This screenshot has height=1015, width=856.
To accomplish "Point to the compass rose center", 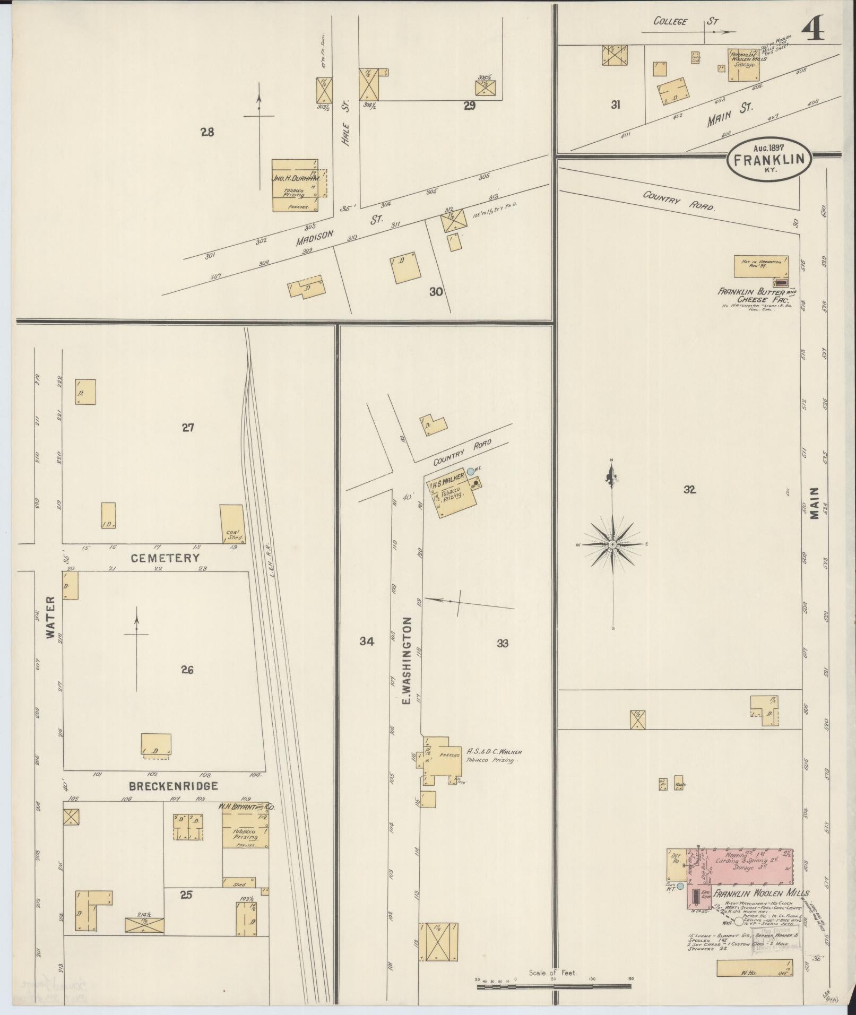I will [x=612, y=544].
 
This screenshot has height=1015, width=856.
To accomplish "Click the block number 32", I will [x=689, y=490].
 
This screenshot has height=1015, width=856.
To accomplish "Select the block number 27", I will [x=188, y=427].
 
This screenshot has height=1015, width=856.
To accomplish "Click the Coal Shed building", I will [x=232, y=524].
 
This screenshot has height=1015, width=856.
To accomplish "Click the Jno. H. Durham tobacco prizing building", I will [x=296, y=186].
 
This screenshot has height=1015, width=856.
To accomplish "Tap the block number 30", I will [x=436, y=291].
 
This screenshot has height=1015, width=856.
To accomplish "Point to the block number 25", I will [x=186, y=895].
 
